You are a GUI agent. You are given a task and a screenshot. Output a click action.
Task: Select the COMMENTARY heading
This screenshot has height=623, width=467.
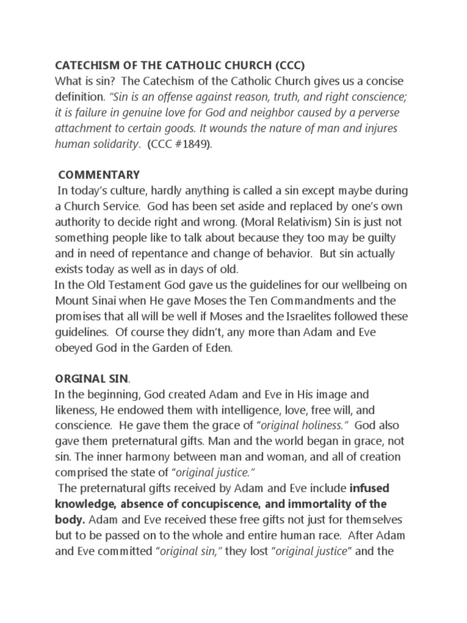[x=99, y=175]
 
